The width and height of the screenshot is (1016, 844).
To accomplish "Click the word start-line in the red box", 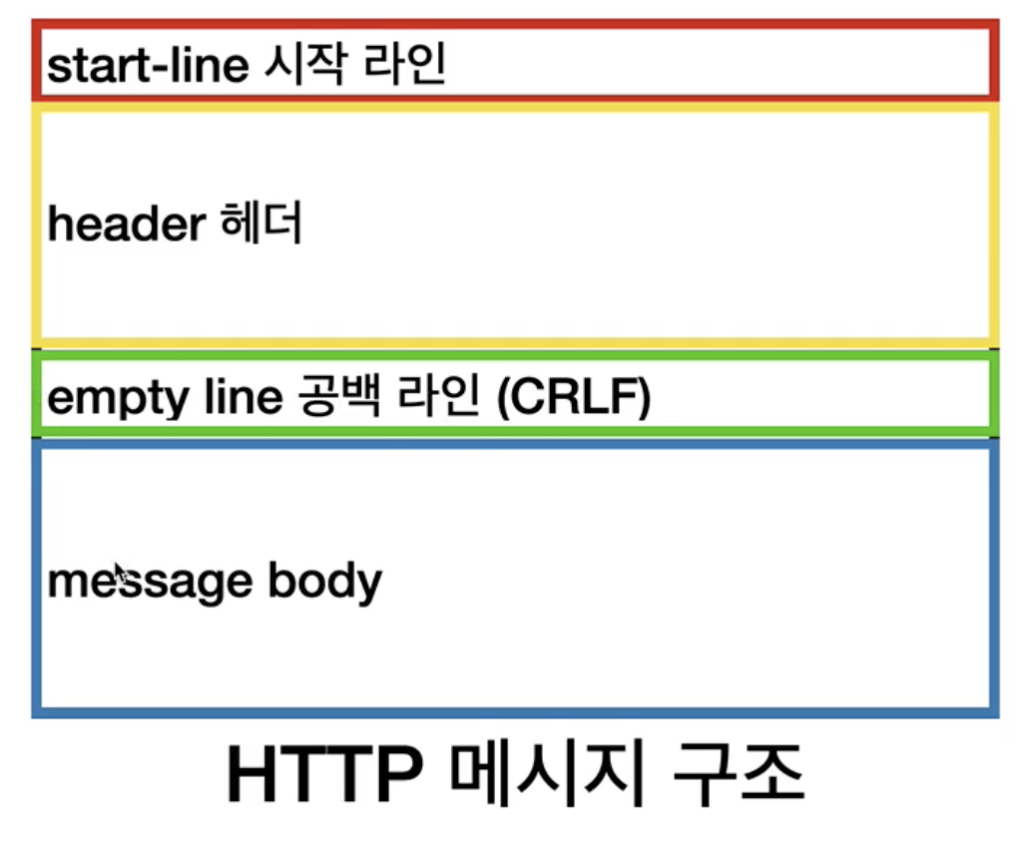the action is pyautogui.click(x=147, y=66).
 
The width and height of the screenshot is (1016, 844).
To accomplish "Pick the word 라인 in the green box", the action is pyautogui.click(x=440, y=397).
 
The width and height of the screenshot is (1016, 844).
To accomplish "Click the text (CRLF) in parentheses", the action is pyautogui.click(x=572, y=398).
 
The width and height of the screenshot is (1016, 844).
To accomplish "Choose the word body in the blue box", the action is pyautogui.click(x=325, y=581).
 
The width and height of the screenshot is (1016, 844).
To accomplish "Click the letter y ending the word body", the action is pyautogui.click(x=368, y=585).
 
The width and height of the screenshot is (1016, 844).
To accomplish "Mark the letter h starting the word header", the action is pyautogui.click(x=59, y=225).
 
